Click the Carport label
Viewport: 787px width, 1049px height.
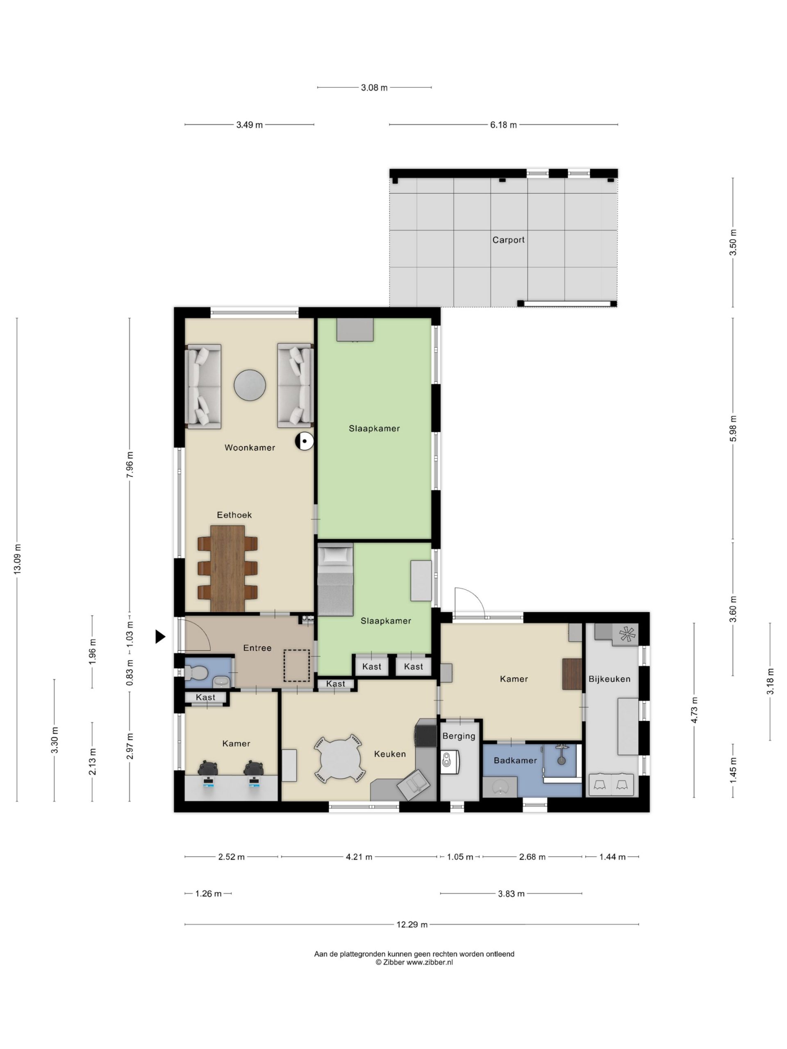click(508, 240)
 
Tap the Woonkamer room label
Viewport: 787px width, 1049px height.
click(250, 447)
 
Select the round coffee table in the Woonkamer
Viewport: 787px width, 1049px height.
click(250, 385)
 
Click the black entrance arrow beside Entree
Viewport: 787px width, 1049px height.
click(160, 636)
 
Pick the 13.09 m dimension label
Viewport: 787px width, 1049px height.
click(18, 559)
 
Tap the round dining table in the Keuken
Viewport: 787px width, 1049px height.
click(340, 759)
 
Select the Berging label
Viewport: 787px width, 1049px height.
click(459, 736)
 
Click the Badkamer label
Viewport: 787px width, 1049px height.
click(515, 760)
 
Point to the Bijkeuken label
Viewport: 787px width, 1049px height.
click(610, 679)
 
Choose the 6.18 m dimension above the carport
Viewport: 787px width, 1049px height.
click(503, 125)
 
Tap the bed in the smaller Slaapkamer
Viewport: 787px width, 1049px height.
click(336, 579)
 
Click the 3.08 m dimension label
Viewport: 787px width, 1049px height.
click(374, 87)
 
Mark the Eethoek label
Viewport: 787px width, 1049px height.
click(234, 515)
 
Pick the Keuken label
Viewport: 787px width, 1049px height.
click(390, 754)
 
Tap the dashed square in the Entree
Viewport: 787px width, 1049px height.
click(296, 666)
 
